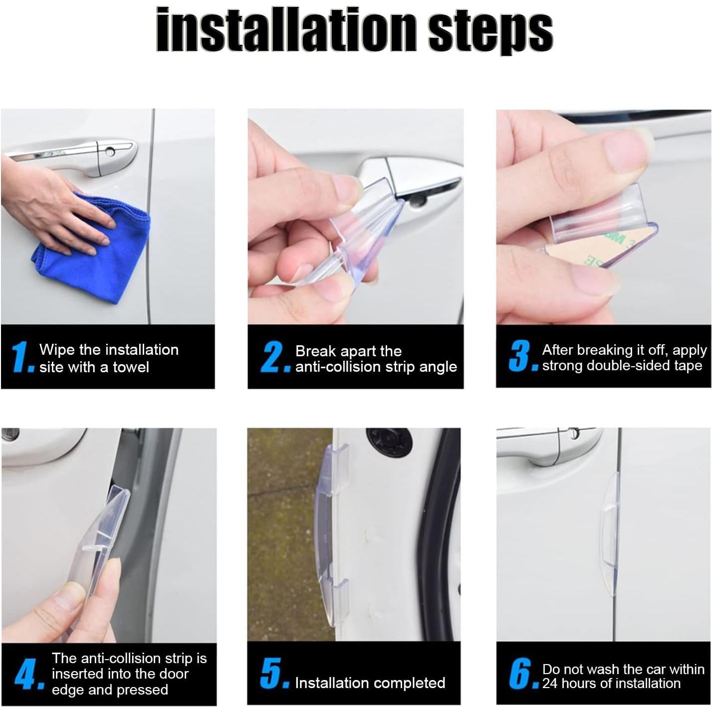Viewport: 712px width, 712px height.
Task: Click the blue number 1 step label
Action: [21, 357]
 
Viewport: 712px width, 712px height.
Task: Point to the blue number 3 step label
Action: [520, 356]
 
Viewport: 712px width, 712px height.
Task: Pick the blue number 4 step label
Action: [26, 674]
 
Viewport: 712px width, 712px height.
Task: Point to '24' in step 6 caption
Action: [550, 683]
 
